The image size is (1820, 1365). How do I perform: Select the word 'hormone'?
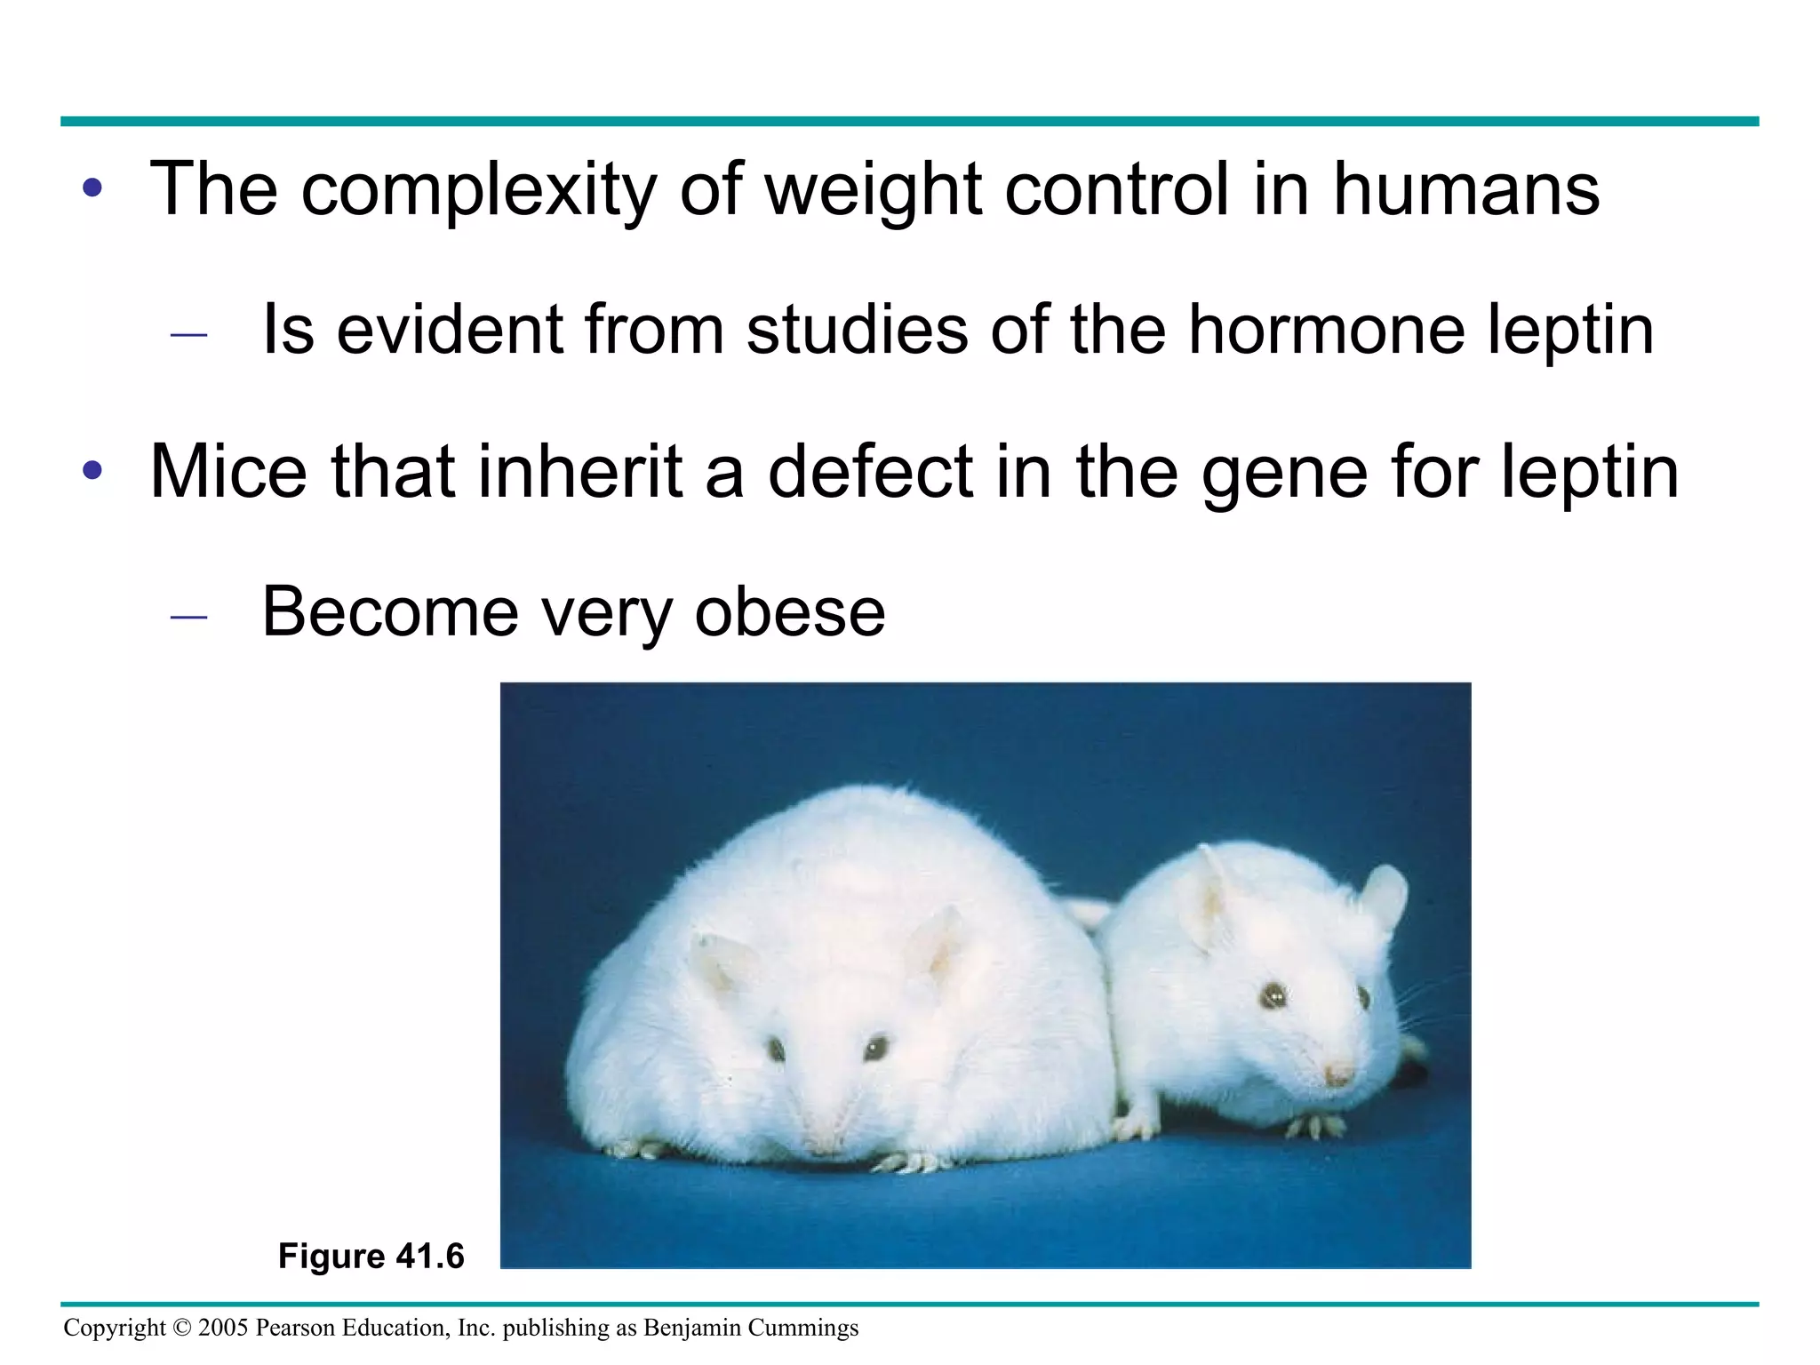1326,330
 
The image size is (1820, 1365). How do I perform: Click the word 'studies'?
857,330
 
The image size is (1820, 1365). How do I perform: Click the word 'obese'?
790,612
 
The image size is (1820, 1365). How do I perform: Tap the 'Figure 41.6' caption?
371,1256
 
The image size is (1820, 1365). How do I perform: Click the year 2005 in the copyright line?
223,1328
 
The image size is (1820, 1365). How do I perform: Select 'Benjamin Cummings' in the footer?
751,1328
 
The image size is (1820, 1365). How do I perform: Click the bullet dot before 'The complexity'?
92,189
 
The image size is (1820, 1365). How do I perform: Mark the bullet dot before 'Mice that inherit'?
92,471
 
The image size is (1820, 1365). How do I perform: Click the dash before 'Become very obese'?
188,616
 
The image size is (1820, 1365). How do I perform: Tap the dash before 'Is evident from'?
188,334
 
